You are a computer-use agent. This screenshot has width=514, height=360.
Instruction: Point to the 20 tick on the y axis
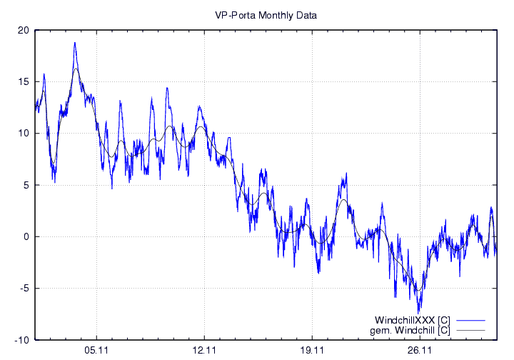[x=24, y=30]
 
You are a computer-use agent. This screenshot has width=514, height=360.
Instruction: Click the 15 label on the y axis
[x=24, y=81]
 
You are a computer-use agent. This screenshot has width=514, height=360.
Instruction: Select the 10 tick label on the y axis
[x=24, y=134]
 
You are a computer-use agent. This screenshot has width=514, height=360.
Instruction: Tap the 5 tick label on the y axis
[x=26, y=185]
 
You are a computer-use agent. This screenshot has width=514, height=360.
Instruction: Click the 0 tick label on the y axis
[x=26, y=236]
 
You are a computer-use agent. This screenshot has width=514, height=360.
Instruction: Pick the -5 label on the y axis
[x=25, y=289]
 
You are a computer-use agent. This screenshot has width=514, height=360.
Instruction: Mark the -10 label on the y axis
[x=22, y=340]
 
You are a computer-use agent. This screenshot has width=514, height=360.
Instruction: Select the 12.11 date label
[x=204, y=351]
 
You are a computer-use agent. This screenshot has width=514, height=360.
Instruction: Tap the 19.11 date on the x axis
[x=313, y=351]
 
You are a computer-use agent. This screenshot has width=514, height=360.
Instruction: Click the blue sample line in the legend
[x=470, y=319]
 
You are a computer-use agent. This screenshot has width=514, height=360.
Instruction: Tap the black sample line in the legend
[x=470, y=330]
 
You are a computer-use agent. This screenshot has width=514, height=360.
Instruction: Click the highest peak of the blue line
[x=74, y=43]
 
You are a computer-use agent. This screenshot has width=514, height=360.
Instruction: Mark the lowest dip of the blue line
[x=419, y=311]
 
